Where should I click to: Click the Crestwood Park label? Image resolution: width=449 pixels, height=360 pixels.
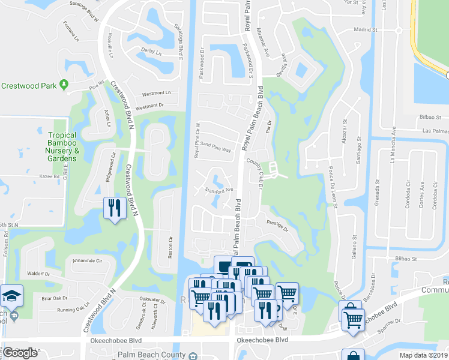point(28,86)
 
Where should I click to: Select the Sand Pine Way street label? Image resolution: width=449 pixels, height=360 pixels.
point(215,148)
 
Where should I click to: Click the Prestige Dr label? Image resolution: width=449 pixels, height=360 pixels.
point(277,226)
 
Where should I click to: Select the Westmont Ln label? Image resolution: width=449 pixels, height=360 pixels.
point(155,94)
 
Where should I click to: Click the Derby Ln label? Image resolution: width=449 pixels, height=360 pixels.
point(151,53)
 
